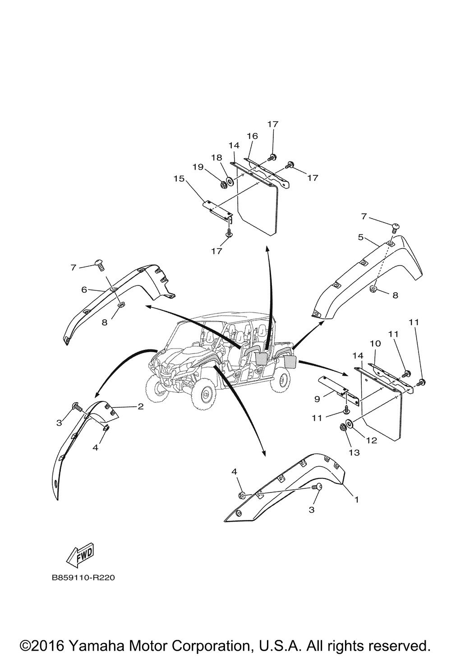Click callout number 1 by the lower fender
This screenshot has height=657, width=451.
point(356,500)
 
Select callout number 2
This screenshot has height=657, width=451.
point(141,407)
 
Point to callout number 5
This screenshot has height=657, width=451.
point(361,237)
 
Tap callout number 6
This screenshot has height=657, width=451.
point(84,290)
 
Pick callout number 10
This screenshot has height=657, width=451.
point(373,344)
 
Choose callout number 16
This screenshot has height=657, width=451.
point(252,136)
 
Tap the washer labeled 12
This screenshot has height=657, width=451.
point(350,424)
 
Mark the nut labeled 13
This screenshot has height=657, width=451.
point(343,427)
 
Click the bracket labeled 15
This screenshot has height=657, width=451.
point(216,207)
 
